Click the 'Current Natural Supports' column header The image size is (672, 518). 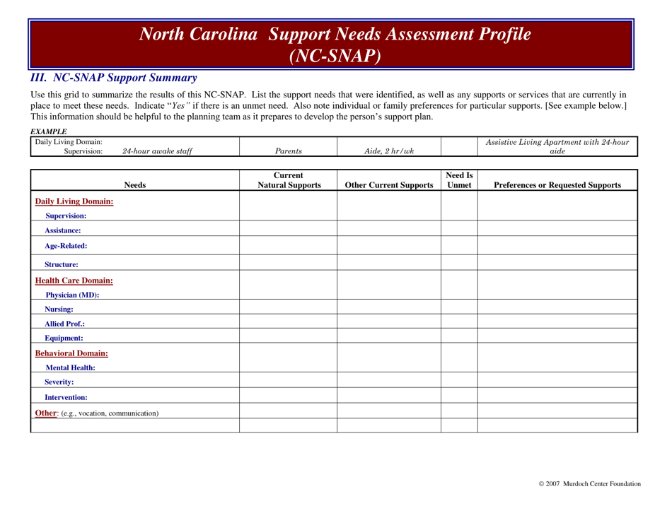(x=288, y=181)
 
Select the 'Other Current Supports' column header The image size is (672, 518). (x=389, y=187)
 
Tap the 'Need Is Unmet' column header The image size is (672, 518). (x=459, y=181)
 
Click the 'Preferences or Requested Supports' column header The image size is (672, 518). (x=557, y=187)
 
